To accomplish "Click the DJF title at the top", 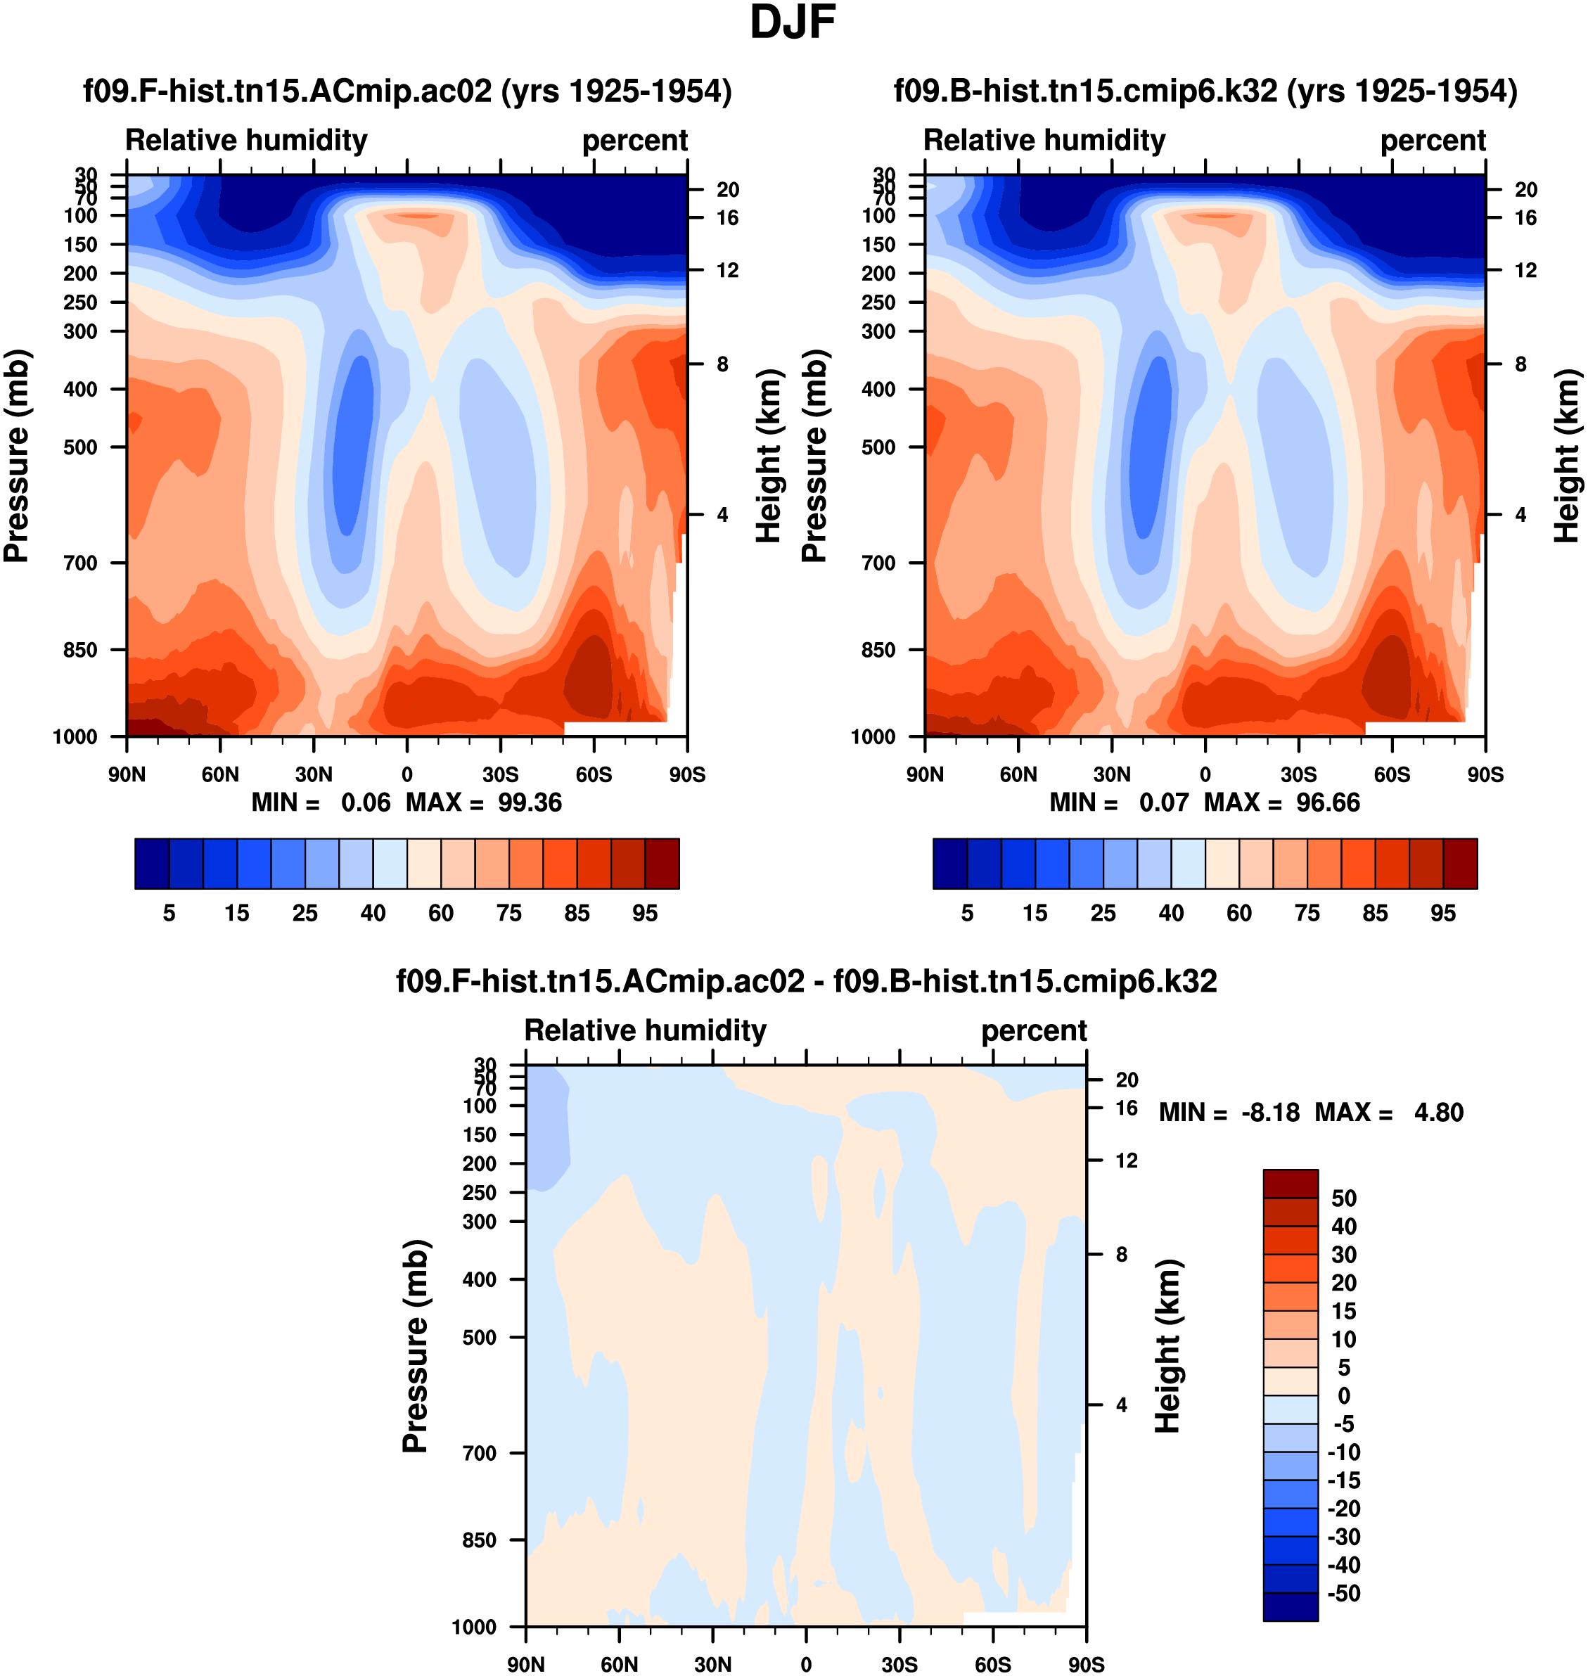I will [793, 23].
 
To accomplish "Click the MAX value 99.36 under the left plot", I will [530, 802].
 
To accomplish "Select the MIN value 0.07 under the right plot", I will [1164, 802].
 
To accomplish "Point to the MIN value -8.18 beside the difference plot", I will [1269, 1112].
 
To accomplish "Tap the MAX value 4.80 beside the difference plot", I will [1438, 1112].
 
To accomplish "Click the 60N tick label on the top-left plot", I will [220, 774].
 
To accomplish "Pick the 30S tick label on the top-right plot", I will [1298, 774].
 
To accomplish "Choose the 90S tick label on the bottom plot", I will [1086, 1664].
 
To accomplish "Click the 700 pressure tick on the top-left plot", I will [80, 563].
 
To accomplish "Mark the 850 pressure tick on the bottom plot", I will [479, 1540].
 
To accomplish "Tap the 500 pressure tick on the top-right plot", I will [878, 447].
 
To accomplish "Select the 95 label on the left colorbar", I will [645, 914].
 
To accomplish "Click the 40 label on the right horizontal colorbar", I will [1172, 914].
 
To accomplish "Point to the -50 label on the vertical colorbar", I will [1343, 1593].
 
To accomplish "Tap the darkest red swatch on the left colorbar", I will [662, 864].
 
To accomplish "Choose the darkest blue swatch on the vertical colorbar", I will [1290, 1606].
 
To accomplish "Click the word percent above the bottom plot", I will [1034, 1031].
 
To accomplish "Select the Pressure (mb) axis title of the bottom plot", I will [416, 1346].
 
